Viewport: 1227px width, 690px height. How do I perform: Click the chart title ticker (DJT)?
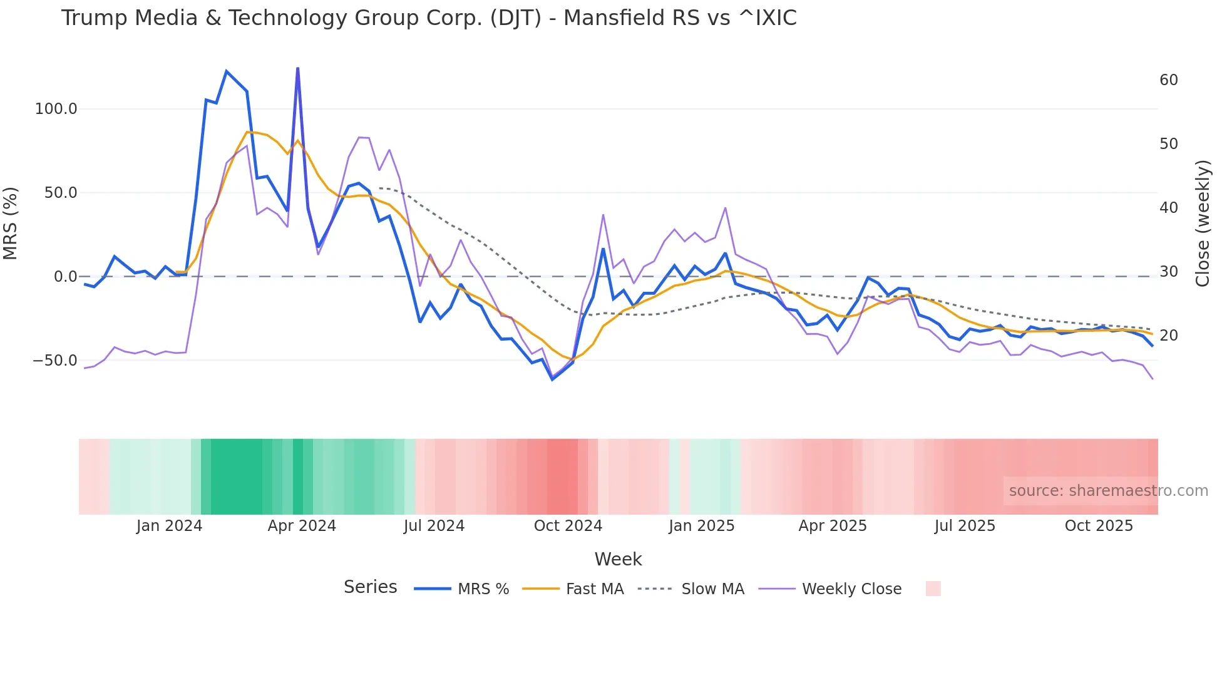515,18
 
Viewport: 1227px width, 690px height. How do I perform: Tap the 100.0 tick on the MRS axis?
56,109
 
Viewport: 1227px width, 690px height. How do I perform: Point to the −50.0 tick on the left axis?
54,361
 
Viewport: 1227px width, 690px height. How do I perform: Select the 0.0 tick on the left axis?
65,277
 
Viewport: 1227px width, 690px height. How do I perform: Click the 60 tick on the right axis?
1169,80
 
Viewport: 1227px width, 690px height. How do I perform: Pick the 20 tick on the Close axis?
1169,336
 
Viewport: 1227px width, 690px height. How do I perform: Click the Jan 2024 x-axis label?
169,526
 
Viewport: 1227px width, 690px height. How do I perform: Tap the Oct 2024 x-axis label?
568,526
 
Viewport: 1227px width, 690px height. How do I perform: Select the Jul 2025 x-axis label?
965,526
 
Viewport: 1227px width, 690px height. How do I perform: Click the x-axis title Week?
618,559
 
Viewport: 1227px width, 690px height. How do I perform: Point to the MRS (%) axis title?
11,224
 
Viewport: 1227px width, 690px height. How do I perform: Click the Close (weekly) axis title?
1203,224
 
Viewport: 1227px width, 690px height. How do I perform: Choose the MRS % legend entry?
462,589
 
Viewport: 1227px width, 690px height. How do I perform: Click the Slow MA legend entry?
691,589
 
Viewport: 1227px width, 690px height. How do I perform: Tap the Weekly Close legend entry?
830,589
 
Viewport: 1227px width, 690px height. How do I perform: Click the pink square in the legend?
933,589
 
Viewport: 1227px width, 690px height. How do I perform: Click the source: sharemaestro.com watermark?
1108,491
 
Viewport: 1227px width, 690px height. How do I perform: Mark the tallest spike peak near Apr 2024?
297,68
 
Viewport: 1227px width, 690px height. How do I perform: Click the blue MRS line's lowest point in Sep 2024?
552,379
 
